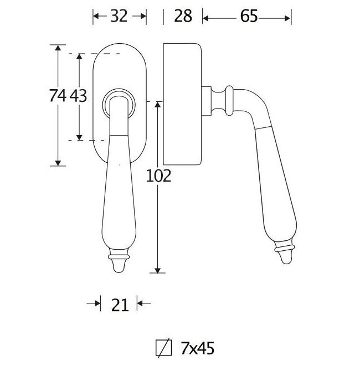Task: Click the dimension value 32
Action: tap(119, 17)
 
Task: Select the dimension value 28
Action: tap(183, 17)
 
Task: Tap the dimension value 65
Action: tap(249, 17)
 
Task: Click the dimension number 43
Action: tap(79, 96)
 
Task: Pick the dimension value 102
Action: tap(158, 176)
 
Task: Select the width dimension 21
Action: tap(120, 304)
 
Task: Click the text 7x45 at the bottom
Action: tap(197, 348)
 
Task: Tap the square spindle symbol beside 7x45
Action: tap(163, 348)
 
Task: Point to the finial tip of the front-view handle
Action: tap(120, 266)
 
